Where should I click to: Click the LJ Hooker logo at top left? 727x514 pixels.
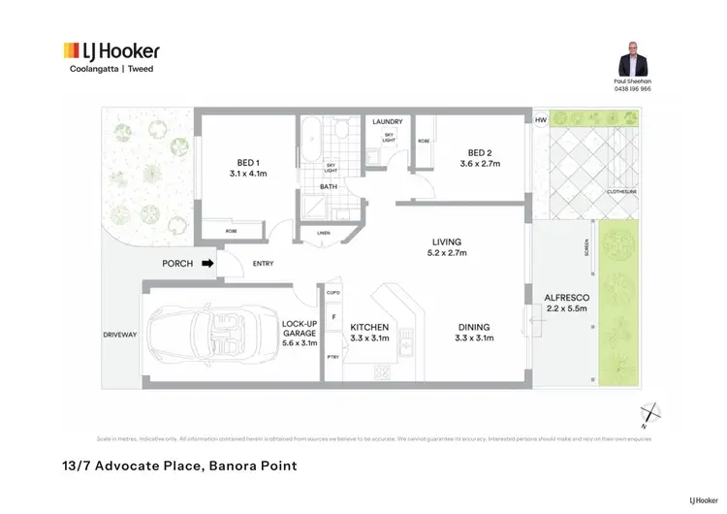pyautogui.click(x=111, y=51)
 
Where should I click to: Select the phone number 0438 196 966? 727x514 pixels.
pyautogui.click(x=632, y=88)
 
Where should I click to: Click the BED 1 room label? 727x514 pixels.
pyautogui.click(x=247, y=163)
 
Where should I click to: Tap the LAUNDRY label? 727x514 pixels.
pyautogui.click(x=388, y=121)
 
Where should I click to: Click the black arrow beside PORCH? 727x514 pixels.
pyautogui.click(x=206, y=263)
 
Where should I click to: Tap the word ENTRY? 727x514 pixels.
pyautogui.click(x=263, y=263)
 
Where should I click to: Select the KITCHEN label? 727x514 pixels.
pyautogui.click(x=369, y=328)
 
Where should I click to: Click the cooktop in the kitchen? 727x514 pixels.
pyautogui.click(x=381, y=373)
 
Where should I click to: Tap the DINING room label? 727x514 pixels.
pyautogui.click(x=473, y=328)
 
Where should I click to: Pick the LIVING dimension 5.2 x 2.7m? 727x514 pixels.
pyautogui.click(x=447, y=253)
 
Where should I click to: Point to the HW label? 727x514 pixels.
pyautogui.click(x=540, y=121)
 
